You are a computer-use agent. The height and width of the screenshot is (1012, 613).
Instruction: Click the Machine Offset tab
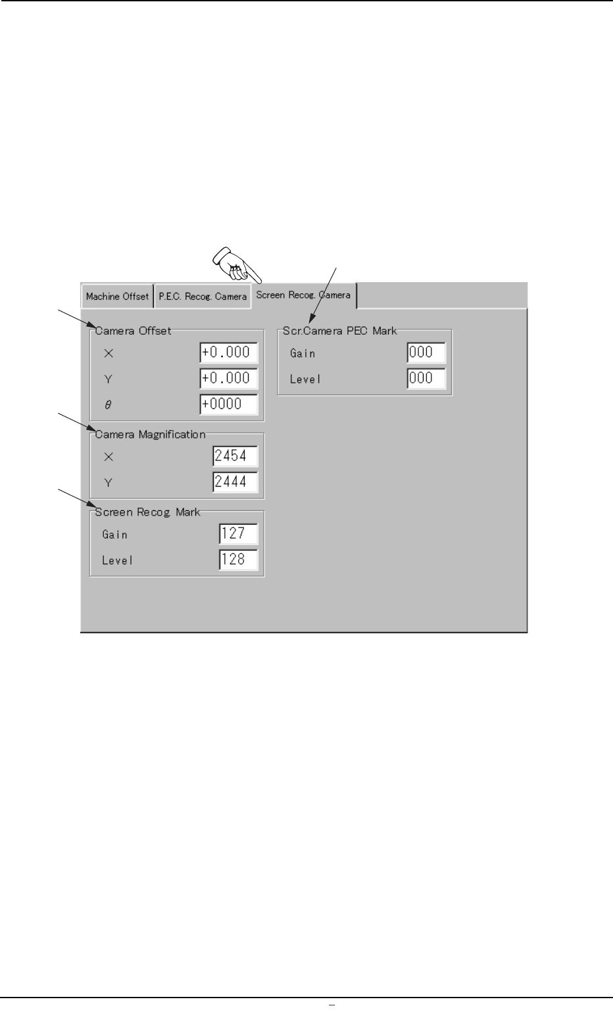[117, 297]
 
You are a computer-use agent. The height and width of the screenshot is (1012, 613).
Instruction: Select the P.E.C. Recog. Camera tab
[203, 297]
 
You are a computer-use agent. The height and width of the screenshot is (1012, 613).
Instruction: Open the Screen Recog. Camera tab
[303, 295]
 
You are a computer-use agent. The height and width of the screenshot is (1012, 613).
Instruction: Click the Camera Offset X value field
[228, 352]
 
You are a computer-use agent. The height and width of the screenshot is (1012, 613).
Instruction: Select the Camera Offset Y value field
[228, 378]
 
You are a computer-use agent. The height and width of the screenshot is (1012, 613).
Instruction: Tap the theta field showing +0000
[228, 404]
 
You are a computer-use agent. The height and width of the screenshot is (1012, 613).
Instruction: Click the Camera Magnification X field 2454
[235, 456]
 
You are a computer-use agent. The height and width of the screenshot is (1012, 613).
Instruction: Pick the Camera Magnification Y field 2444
[235, 482]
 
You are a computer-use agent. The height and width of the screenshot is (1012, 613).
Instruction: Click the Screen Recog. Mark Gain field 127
[238, 533]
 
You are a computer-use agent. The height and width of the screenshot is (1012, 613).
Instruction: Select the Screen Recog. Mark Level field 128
[238, 560]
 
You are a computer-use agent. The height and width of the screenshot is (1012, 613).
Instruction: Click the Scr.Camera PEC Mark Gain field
[426, 352]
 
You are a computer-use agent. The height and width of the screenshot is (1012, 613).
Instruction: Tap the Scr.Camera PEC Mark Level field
[426, 378]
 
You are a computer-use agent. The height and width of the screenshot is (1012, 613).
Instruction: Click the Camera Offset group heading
[134, 331]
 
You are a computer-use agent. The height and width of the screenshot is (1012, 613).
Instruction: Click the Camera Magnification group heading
[151, 435]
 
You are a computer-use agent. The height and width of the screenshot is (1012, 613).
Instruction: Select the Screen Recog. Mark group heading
[147, 512]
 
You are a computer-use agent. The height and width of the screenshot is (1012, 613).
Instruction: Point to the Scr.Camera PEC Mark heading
[339, 331]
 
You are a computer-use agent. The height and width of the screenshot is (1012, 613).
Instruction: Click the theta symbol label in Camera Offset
[109, 405]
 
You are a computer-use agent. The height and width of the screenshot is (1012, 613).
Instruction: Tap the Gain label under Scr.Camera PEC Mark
[303, 354]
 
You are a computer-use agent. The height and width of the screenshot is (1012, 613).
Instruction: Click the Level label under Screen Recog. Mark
[117, 561]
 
